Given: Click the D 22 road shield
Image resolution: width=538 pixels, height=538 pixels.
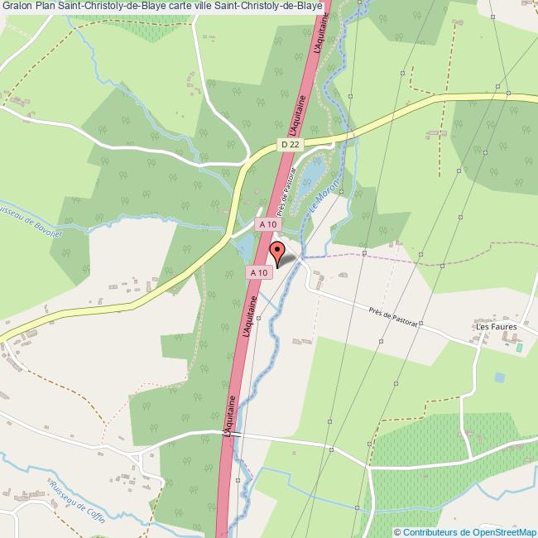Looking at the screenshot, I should coord(289,144).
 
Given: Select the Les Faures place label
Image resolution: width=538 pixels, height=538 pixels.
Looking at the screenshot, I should coord(496,327).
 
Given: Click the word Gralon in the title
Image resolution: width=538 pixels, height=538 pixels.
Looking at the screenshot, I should coord(16,6).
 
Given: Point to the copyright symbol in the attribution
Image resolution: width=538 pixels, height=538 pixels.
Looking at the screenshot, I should coord(397,531).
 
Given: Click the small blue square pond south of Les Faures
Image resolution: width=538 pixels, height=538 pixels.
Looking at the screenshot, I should coord(499,377).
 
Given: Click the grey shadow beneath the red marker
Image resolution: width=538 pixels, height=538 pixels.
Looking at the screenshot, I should coord(286,261).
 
